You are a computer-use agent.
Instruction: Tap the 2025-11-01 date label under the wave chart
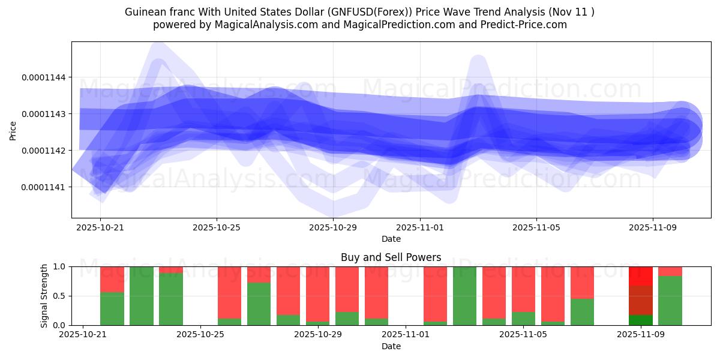[420, 228]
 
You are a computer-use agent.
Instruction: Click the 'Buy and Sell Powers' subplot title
[391, 257]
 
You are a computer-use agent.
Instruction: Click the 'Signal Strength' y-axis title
[44, 296]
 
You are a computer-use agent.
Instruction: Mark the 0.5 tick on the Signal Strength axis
[61, 296]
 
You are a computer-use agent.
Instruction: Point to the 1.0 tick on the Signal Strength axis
[61, 266]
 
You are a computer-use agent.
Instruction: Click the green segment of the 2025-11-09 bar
[640, 320]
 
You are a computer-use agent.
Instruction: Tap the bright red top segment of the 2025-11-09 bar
[640, 275]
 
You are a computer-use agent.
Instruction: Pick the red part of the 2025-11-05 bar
[523, 289]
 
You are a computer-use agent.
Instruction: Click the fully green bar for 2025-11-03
[464, 296]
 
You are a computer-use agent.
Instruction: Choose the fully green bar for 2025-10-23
[142, 296]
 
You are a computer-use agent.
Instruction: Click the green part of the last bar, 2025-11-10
[670, 301]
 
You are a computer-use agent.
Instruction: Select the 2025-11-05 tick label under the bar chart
[523, 335]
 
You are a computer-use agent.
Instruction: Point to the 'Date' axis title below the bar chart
[391, 346]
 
